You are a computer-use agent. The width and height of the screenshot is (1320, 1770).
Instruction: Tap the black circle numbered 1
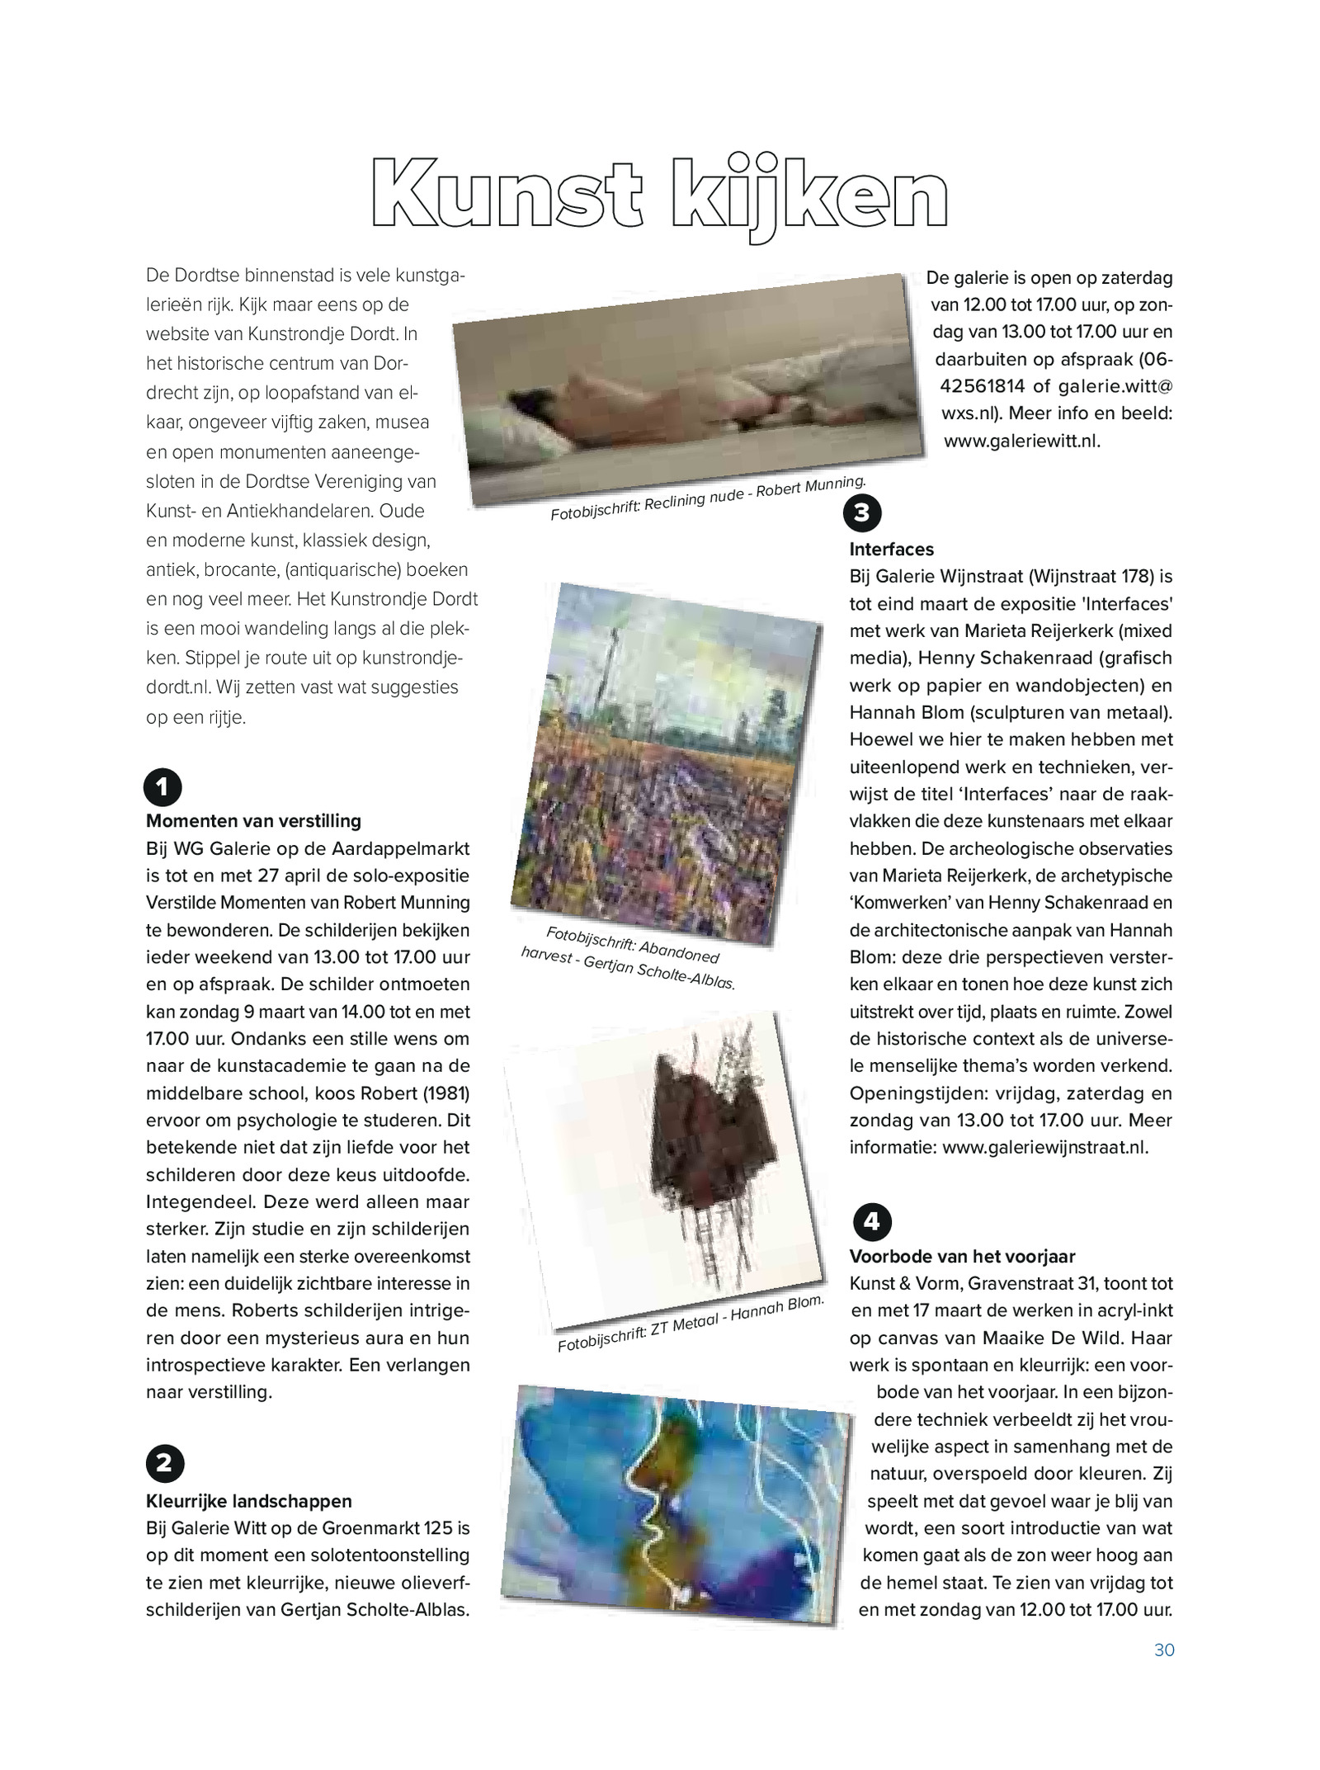click(x=163, y=787)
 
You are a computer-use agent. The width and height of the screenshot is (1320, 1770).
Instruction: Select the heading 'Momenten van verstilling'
click(x=253, y=821)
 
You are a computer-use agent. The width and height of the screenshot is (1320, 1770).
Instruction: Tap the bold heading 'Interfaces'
click(x=892, y=550)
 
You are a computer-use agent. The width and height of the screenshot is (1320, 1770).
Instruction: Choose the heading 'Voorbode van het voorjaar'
click(x=962, y=1257)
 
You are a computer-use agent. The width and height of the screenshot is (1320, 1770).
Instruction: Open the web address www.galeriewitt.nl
click(x=1022, y=441)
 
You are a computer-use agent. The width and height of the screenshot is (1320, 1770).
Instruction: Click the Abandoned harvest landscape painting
click(x=665, y=763)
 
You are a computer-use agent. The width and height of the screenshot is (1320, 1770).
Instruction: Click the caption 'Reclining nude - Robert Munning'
click(x=707, y=498)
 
